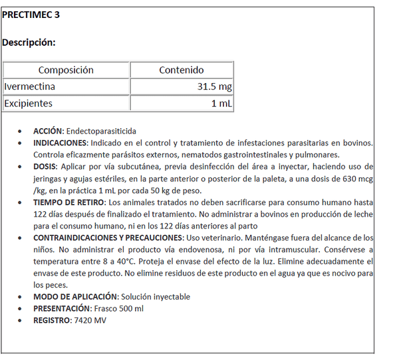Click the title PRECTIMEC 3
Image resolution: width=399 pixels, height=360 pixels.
[x=31, y=15]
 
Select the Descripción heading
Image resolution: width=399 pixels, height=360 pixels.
[x=29, y=43]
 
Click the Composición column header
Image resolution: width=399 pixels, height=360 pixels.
[x=66, y=70]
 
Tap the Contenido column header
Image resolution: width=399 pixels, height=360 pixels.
[x=182, y=70]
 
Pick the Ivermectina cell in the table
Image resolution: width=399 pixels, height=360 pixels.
[x=30, y=87]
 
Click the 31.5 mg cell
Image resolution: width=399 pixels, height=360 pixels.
[x=214, y=87]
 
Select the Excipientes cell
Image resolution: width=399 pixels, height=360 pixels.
[x=28, y=104]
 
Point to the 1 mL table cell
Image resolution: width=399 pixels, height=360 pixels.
[x=221, y=104]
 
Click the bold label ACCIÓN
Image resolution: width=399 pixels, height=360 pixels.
[x=48, y=131]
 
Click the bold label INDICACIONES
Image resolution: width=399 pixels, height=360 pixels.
[x=60, y=143]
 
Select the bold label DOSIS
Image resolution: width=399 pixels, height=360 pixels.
[x=45, y=167]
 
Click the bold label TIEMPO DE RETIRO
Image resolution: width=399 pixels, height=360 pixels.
[x=68, y=202]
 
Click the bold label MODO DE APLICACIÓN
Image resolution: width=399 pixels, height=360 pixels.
[x=75, y=296]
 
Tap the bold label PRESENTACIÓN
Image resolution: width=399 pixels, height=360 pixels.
[x=61, y=308]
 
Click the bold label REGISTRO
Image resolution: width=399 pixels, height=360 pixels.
[x=51, y=320]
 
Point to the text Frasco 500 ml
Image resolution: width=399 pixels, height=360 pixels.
[x=118, y=308]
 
